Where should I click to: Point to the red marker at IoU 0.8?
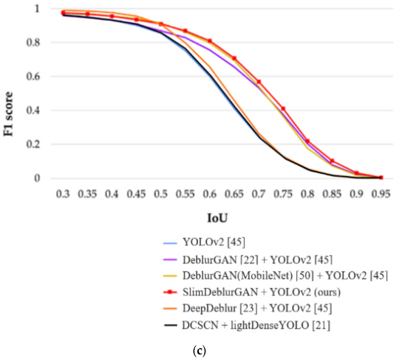point(308,141)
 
